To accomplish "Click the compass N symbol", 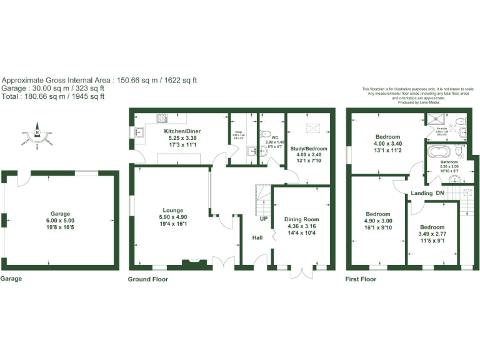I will coord(37,132).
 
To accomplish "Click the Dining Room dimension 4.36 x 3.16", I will coord(302,226).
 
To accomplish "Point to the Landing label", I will coord(422,193).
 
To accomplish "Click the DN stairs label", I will coord(439,193).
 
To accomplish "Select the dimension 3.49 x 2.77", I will coord(432,234).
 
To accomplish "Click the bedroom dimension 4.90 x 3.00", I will coord(378,221).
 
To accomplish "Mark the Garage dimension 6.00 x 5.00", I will coord(60,220).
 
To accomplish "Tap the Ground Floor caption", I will coord(147,279).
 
